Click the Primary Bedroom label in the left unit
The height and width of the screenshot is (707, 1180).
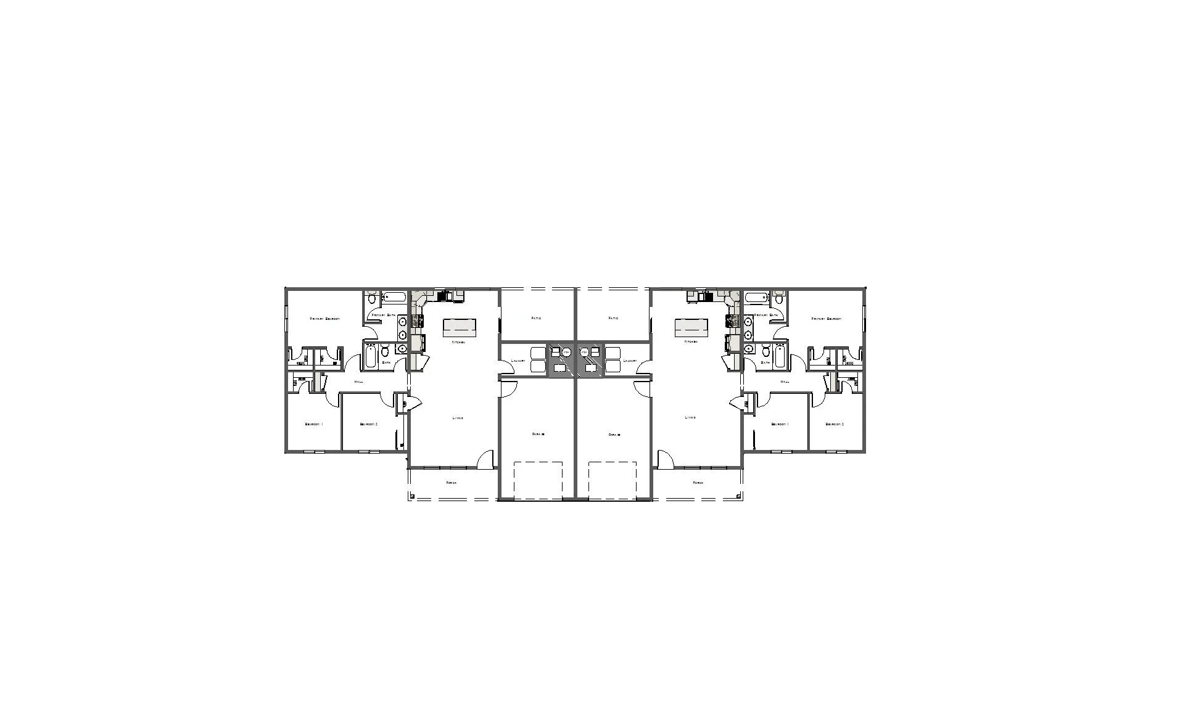coord(324,319)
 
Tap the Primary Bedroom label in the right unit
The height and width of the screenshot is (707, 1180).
coord(827,319)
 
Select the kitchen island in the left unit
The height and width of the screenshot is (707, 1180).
coord(460,327)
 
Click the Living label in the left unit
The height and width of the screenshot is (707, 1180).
coord(458,418)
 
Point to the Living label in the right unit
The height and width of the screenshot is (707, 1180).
coord(690,417)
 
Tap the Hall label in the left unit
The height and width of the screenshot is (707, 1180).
coord(359,382)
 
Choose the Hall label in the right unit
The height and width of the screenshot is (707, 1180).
coord(785,382)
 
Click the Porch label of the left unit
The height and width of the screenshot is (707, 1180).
coord(452,483)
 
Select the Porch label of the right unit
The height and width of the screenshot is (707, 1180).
coord(698,483)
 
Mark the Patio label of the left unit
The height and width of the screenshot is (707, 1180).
coord(536,318)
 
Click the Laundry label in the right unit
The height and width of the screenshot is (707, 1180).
coord(630,361)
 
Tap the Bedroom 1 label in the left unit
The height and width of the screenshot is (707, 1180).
coord(313,424)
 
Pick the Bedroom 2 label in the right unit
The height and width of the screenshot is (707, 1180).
coord(835,424)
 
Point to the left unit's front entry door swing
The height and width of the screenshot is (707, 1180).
coord(485,459)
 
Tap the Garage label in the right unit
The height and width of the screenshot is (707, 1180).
coord(614,435)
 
